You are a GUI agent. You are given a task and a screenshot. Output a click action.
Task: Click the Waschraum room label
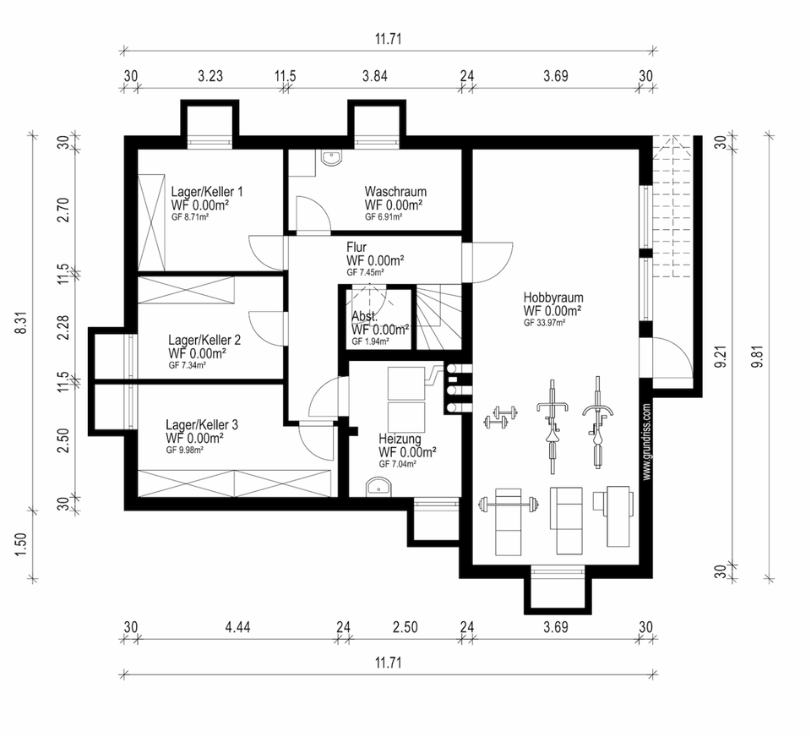[395, 192]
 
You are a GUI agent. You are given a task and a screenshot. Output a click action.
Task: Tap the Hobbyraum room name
[553, 298]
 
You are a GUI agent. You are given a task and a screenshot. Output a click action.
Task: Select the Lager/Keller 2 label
[204, 340]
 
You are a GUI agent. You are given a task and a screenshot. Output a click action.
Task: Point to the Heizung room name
[400, 439]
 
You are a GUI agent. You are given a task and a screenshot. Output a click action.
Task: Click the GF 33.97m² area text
[544, 323]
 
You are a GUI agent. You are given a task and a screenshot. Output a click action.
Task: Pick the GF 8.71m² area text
[190, 217]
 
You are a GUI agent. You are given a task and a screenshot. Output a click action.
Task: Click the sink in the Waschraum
[331, 157]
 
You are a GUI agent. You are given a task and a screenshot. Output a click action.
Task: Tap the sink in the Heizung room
[378, 487]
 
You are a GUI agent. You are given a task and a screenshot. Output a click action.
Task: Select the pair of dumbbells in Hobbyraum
[501, 418]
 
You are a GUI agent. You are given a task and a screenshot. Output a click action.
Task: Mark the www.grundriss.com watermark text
[646, 443]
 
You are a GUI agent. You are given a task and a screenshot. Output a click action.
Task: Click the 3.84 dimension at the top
[374, 76]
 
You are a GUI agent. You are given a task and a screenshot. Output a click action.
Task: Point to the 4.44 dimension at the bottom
[238, 627]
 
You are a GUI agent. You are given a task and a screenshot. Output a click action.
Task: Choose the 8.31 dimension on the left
[21, 324]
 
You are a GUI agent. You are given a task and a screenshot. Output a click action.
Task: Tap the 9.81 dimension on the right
[758, 356]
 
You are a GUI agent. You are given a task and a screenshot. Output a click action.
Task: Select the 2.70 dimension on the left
[63, 210]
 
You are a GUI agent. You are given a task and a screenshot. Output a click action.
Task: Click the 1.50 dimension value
[21, 545]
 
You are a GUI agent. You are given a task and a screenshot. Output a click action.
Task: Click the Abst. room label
[365, 316]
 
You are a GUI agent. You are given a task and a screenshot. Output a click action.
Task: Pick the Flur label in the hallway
[357, 247]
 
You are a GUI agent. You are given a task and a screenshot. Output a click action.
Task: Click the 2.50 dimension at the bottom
[405, 627]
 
